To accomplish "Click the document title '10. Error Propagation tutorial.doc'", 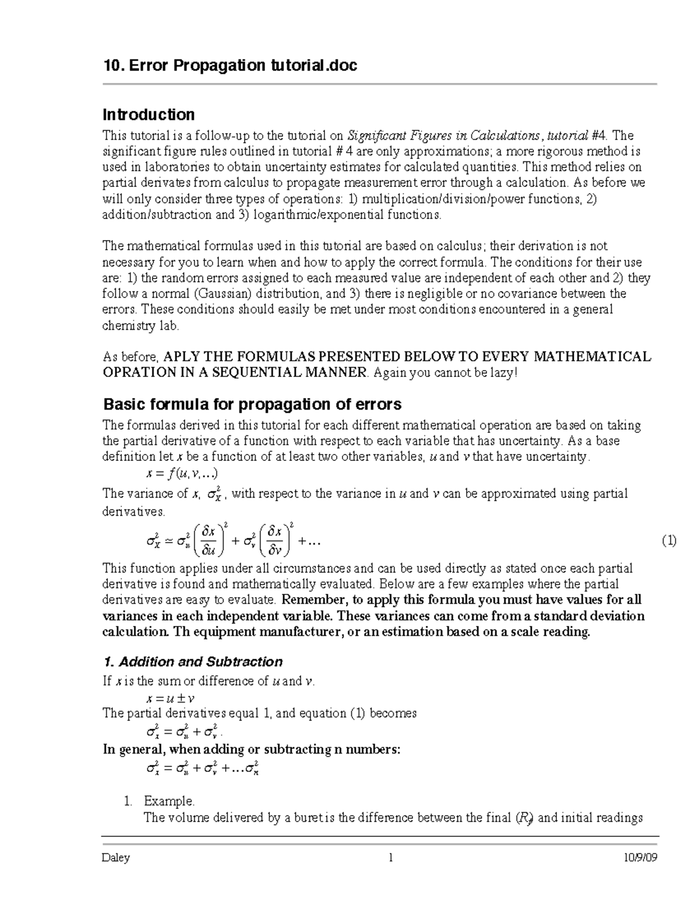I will click(x=230, y=65).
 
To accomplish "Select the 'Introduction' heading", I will click(x=149, y=114).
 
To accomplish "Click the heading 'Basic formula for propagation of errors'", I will click(x=252, y=404).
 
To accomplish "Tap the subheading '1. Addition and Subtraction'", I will click(x=193, y=661).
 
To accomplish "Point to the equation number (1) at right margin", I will click(x=669, y=541).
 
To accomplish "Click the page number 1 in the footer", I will click(x=391, y=858).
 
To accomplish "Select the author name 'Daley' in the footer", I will click(x=116, y=858).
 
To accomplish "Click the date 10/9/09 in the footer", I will click(x=640, y=858).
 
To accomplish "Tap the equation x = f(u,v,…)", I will click(x=182, y=474).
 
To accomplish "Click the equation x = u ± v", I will click(x=170, y=698).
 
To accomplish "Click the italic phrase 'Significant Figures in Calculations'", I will click(x=443, y=136).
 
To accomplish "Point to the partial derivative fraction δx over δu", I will click(x=208, y=540).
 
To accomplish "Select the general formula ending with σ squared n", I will click(x=203, y=769).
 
